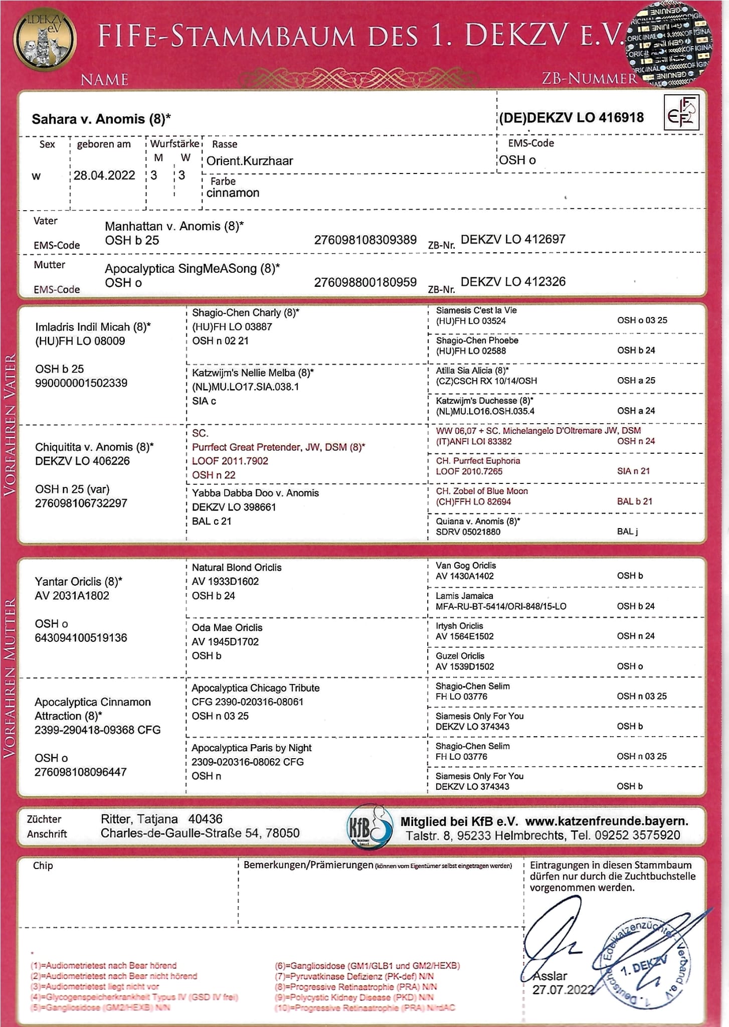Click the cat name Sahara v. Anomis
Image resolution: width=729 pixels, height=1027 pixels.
(x=101, y=119)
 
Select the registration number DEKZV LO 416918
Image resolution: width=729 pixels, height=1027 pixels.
(x=572, y=118)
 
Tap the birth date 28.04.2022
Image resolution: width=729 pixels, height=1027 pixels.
(x=104, y=176)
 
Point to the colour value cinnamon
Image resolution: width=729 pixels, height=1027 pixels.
(x=233, y=193)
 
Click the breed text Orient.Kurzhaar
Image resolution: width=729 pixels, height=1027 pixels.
(x=250, y=161)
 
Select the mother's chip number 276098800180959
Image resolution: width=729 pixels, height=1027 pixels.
(x=365, y=282)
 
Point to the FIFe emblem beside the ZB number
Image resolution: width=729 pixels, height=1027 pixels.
(x=681, y=112)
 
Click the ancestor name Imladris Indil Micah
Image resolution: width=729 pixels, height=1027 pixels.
(x=93, y=327)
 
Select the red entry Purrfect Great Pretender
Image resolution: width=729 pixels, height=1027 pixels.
(x=278, y=447)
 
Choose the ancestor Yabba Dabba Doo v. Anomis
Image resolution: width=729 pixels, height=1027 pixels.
(x=255, y=493)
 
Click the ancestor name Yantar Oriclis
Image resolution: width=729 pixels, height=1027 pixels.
(x=78, y=582)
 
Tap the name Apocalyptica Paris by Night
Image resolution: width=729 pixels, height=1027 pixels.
(x=251, y=748)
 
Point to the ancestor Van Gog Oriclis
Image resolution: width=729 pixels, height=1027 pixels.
(x=466, y=566)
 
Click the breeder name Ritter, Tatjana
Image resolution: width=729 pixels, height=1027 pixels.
(x=139, y=819)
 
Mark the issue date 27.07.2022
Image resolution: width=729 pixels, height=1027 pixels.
(x=563, y=990)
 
